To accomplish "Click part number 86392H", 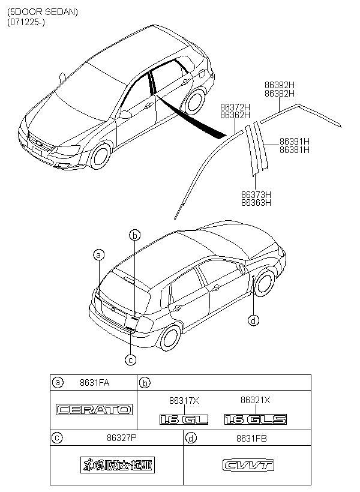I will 279,85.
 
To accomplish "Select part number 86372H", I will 235,106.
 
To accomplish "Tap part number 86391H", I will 294,142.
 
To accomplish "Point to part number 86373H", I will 256,194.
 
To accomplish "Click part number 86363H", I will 256,203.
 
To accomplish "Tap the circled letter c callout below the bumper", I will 130,359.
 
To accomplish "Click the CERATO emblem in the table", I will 94,410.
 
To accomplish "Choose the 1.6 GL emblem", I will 184,419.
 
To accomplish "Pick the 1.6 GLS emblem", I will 255,419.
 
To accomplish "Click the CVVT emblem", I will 247,465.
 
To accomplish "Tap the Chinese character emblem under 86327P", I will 116,465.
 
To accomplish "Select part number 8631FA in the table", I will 95,382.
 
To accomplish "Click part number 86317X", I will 184,400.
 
